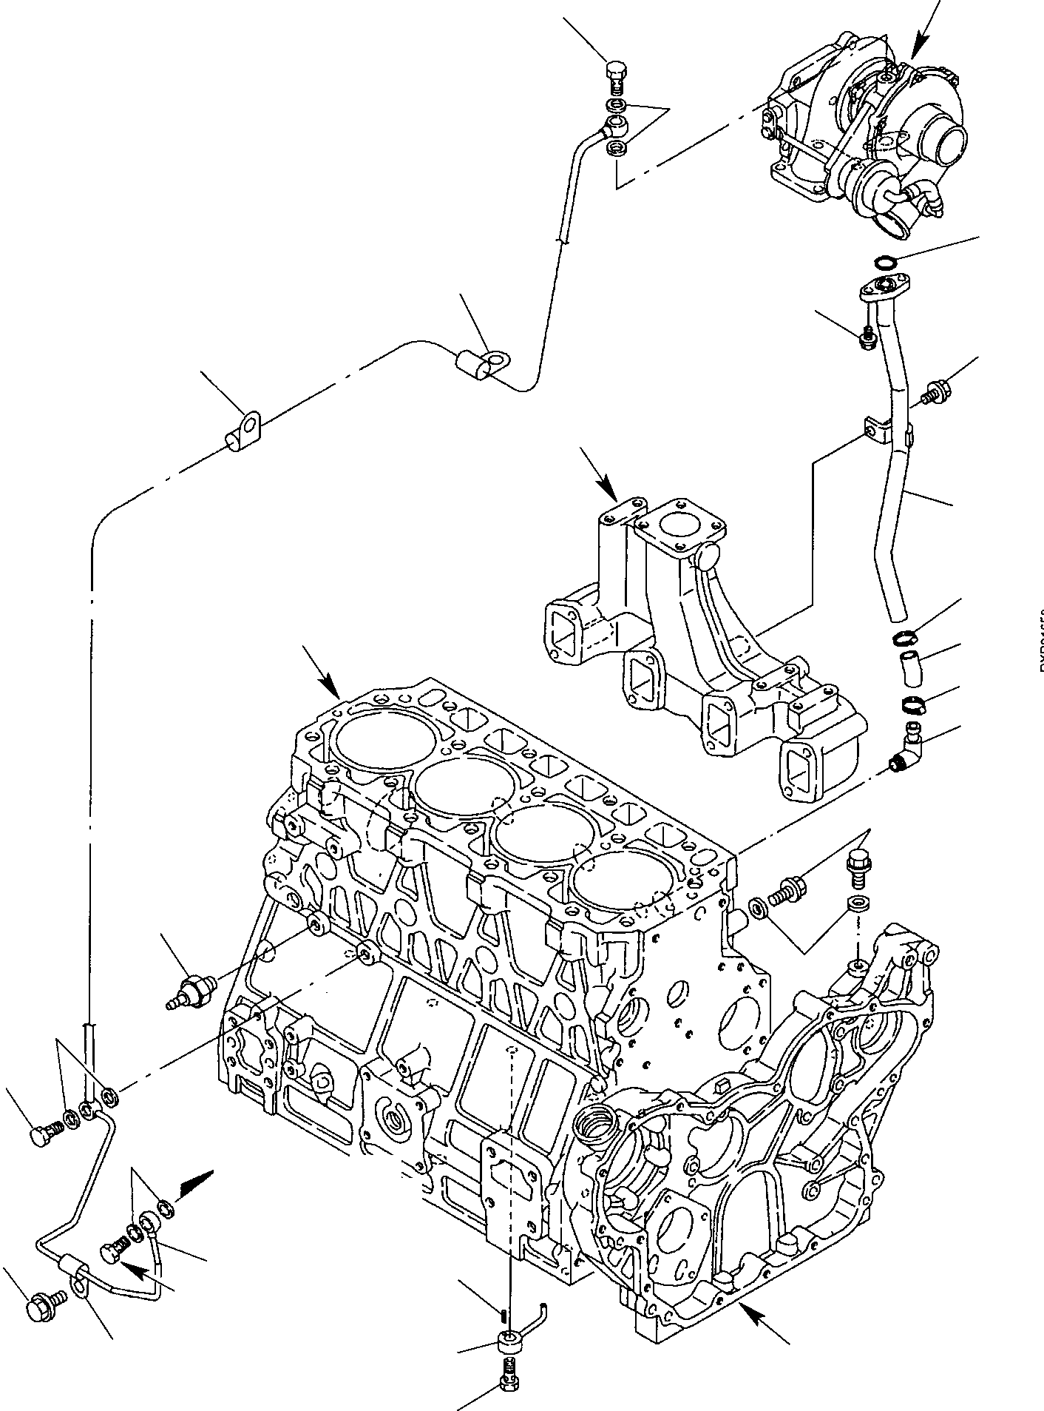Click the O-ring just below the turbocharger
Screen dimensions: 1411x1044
pos(883,260)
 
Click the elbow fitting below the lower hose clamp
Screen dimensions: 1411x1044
pos(906,752)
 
